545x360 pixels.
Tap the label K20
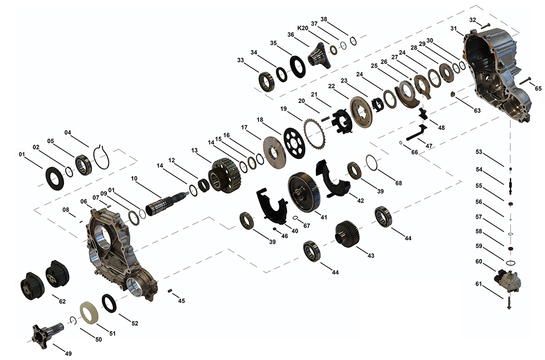click(302, 28)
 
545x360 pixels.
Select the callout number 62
click(62, 301)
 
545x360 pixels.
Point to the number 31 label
click(454, 28)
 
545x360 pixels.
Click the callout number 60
click(479, 261)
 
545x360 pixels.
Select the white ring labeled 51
click(90, 313)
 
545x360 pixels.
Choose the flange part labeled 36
click(319, 56)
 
